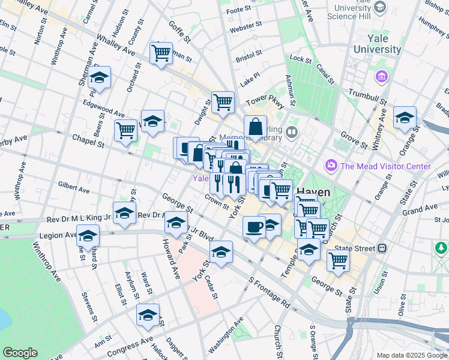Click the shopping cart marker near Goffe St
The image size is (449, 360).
click(x=161, y=53)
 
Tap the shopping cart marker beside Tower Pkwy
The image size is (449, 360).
click(x=223, y=101)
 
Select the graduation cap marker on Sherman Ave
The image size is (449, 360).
click(x=99, y=78)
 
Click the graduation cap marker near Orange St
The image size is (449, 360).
click(x=405, y=118)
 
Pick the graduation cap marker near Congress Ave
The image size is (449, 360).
click(x=148, y=315)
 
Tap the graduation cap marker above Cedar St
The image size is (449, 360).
click(x=221, y=252)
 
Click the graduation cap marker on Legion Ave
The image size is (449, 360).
click(x=88, y=236)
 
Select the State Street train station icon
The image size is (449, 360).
click(x=381, y=248)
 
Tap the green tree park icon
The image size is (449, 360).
click(x=442, y=247)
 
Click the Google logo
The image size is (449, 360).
click(x=20, y=353)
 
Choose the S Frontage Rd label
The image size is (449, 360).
click(x=269, y=293)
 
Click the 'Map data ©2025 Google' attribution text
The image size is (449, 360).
click(x=411, y=355)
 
